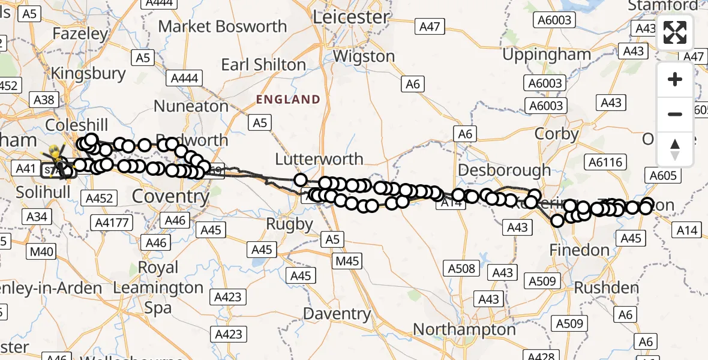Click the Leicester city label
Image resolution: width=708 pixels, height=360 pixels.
[x=352, y=16]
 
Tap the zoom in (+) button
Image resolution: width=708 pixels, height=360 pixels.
[x=675, y=80]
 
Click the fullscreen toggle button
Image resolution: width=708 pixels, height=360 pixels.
[x=675, y=32]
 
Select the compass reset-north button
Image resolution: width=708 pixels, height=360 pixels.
[x=675, y=149]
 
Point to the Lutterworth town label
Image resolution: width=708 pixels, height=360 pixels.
[x=319, y=159]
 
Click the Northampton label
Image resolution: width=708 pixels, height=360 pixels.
[x=464, y=329]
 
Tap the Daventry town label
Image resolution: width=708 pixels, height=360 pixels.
[x=337, y=313]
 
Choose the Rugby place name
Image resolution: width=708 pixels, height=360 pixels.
[x=290, y=224]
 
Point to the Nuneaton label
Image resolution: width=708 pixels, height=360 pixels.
[x=191, y=106]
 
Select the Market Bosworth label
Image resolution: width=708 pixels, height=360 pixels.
[x=223, y=26]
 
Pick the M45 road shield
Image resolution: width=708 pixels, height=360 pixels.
[x=347, y=261]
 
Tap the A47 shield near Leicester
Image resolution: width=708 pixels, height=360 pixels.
[x=430, y=26]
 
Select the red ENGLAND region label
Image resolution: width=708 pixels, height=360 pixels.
[x=288, y=99]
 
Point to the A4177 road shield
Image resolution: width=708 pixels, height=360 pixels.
[x=112, y=223]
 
